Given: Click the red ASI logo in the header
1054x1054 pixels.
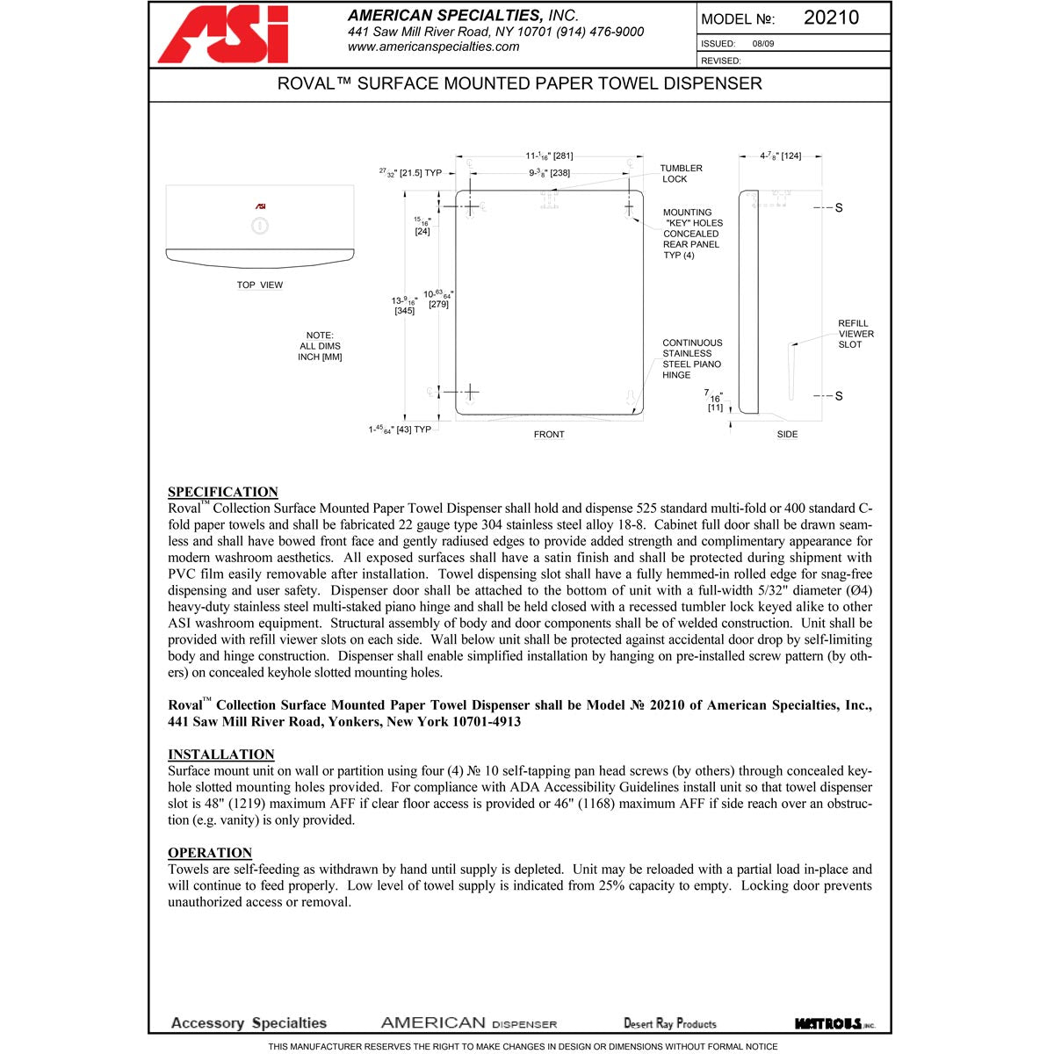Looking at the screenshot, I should [x=223, y=35].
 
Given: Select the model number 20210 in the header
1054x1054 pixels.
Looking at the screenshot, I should [x=831, y=18].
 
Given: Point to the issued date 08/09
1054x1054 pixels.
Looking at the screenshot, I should [x=763, y=43].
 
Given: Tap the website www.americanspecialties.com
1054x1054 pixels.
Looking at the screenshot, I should [x=433, y=47].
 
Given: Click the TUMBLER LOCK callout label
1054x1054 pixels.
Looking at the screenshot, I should [x=681, y=173].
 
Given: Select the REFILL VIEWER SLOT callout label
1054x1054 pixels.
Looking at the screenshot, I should [x=855, y=334].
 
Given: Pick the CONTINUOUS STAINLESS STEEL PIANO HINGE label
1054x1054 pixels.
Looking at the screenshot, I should [x=692, y=358].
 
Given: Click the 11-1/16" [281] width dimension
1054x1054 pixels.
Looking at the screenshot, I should [x=549, y=155].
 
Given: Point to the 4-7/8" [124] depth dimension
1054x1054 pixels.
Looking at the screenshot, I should [x=780, y=155].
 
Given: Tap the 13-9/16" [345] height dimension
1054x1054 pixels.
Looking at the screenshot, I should [x=404, y=306].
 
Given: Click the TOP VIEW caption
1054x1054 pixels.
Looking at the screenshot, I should [x=260, y=285].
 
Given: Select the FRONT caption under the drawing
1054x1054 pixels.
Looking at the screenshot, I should [x=549, y=434].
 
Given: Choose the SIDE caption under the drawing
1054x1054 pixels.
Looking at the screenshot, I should [x=787, y=434].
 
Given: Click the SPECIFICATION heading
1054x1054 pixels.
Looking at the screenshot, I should [x=223, y=492].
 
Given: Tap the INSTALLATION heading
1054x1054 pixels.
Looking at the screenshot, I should [x=221, y=754].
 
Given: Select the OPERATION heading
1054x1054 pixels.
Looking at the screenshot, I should [x=210, y=853].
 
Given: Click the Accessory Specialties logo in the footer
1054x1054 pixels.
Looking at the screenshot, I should [x=249, y=1023].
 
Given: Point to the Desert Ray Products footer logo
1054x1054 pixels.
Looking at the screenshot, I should [x=669, y=1023].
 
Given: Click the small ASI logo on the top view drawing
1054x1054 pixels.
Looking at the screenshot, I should [x=261, y=206].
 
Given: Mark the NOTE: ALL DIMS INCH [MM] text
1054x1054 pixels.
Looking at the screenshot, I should [x=320, y=346].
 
